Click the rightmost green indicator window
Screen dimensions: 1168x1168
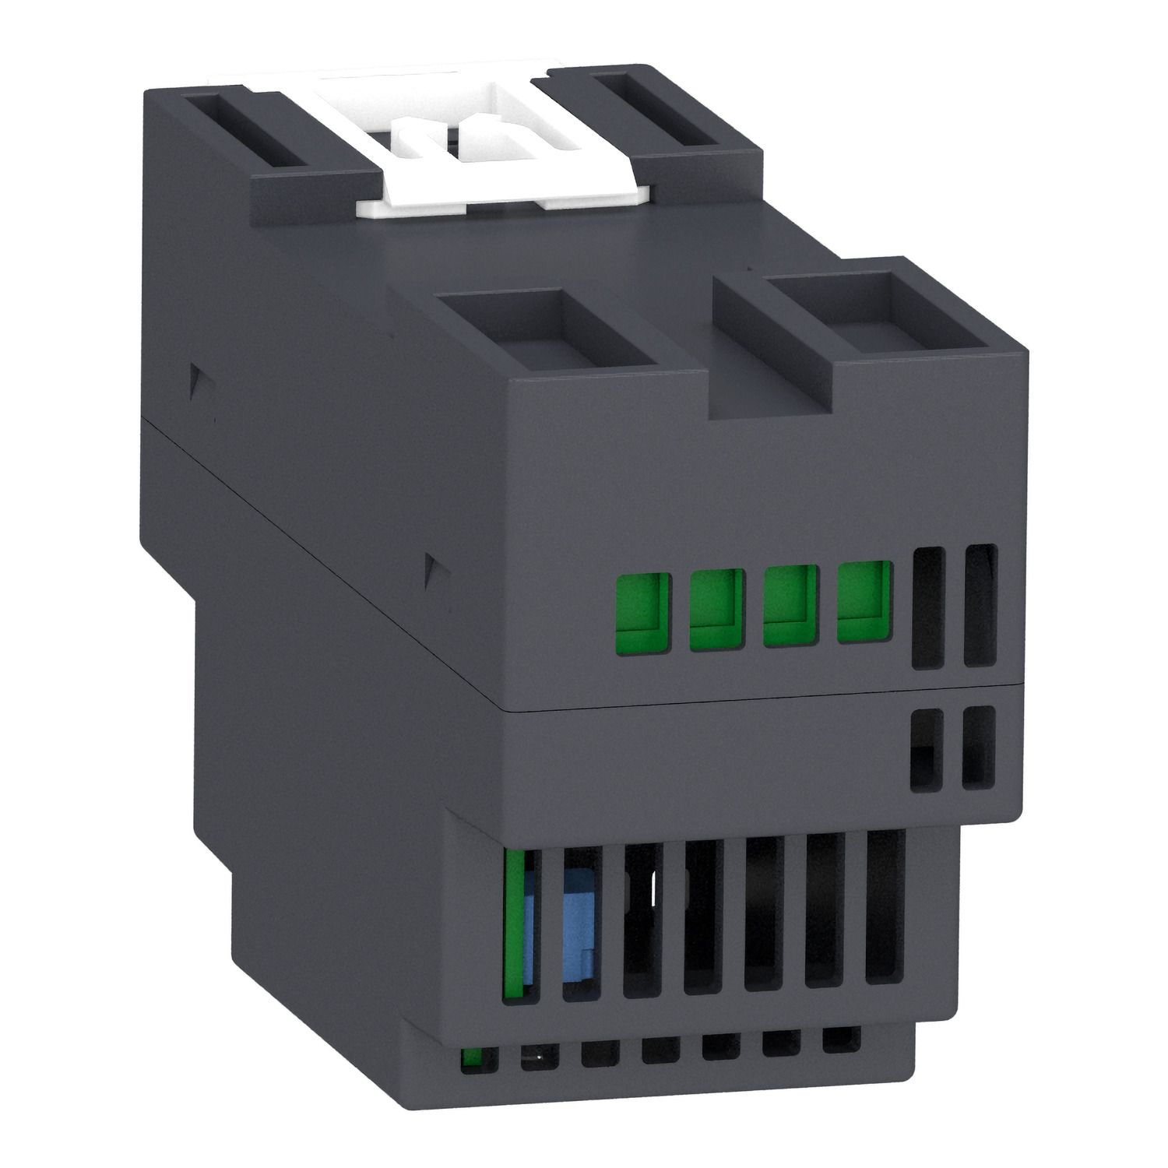pyautogui.click(x=864, y=601)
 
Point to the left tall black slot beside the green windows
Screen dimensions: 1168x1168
pyautogui.click(x=928, y=607)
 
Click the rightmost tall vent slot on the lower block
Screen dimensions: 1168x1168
pyautogui.click(x=885, y=905)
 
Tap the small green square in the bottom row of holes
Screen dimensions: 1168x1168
pyautogui.click(x=470, y=1060)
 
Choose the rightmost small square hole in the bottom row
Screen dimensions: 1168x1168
pyautogui.click(x=841, y=1040)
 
